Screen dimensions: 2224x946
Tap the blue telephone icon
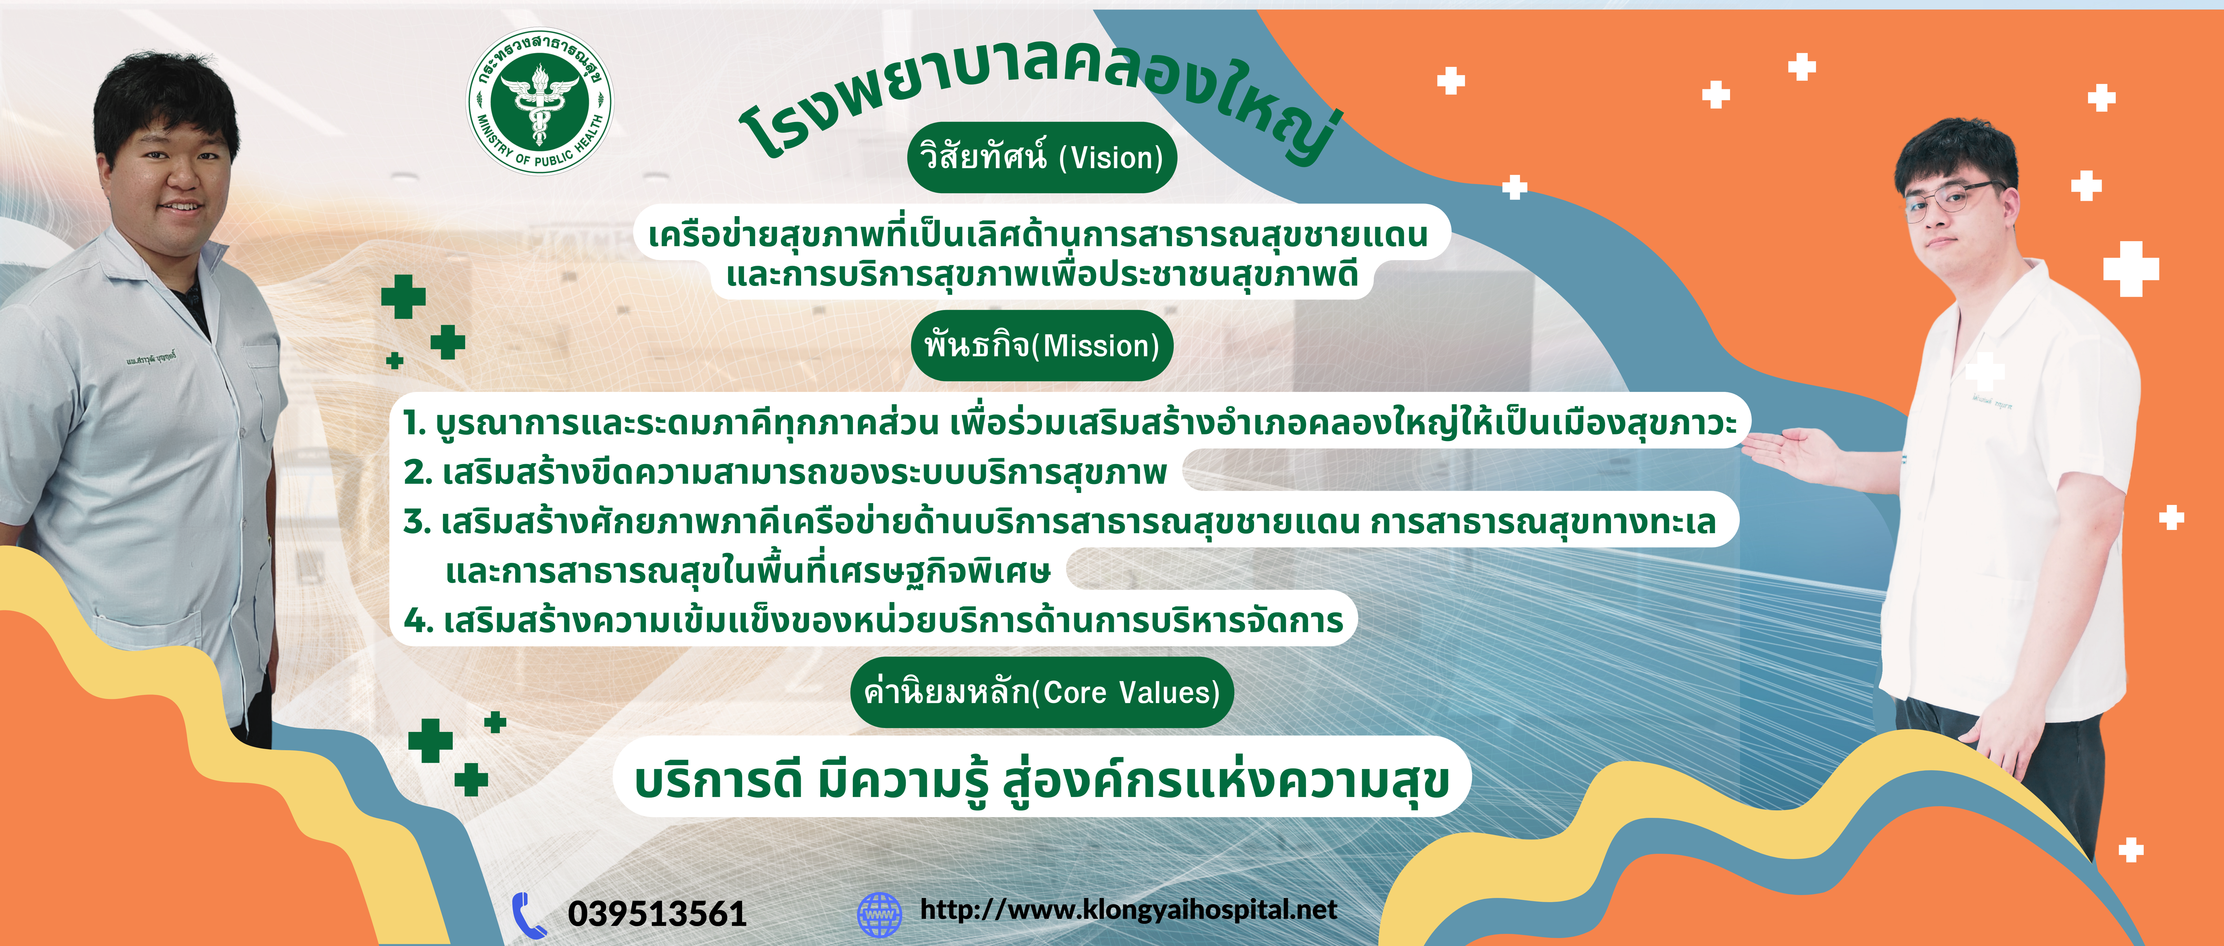click(x=528, y=914)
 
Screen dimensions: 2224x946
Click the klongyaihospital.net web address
click(x=1128, y=910)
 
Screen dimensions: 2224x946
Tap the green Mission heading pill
click(x=1042, y=346)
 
